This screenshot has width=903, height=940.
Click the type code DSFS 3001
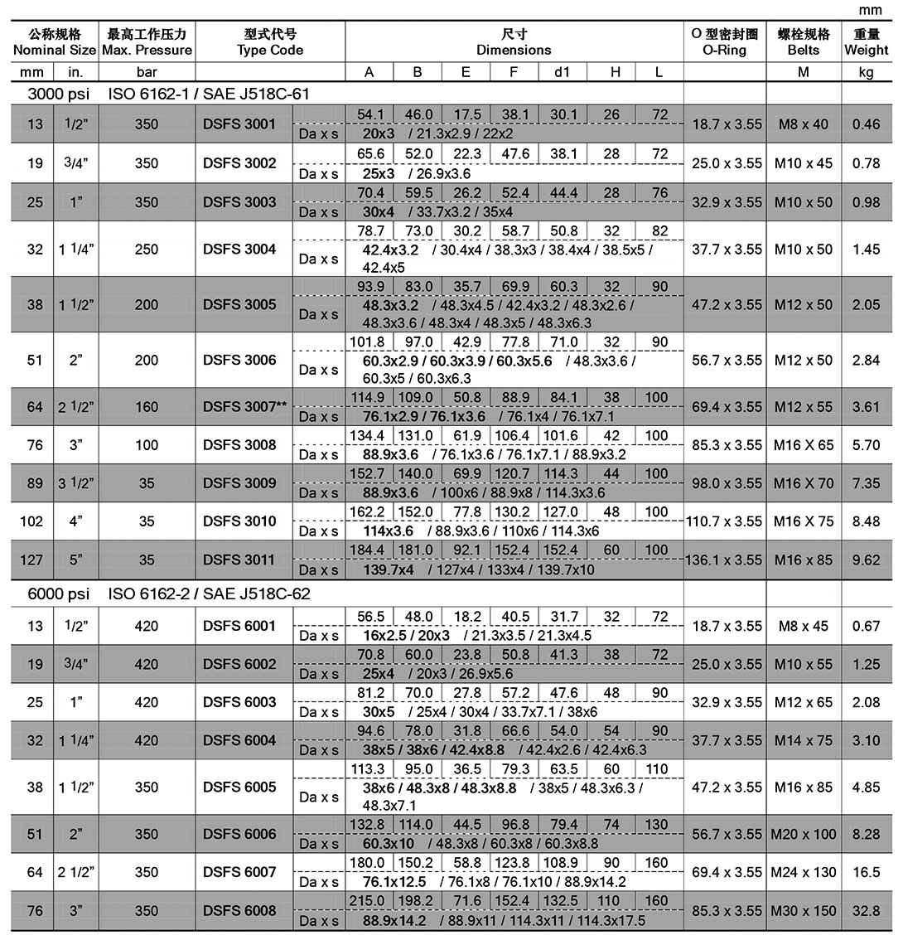[239, 124]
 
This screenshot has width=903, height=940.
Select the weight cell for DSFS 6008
[866, 910]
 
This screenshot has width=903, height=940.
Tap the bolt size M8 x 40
[803, 124]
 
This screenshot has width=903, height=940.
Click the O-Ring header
[725, 41]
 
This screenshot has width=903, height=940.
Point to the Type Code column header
[270, 41]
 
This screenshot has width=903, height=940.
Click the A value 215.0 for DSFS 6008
[369, 901]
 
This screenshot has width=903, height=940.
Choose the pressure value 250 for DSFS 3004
[147, 249]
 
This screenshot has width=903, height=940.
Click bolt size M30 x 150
[803, 910]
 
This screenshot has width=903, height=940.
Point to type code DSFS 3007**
[244, 406]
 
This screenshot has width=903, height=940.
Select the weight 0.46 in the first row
[866, 124]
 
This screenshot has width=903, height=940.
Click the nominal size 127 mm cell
[35, 560]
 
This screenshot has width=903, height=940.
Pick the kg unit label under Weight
[866, 72]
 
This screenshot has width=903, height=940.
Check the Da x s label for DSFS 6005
[319, 797]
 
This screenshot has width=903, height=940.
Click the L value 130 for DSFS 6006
[657, 825]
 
